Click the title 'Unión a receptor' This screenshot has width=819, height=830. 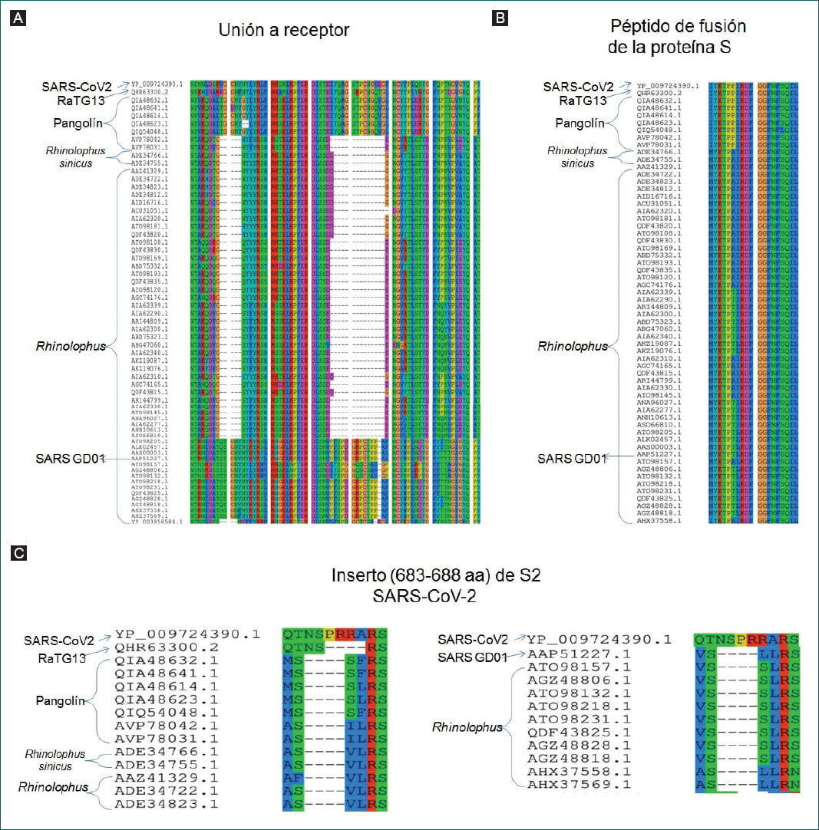[x=283, y=31]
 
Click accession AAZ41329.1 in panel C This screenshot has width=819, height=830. [x=167, y=777]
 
